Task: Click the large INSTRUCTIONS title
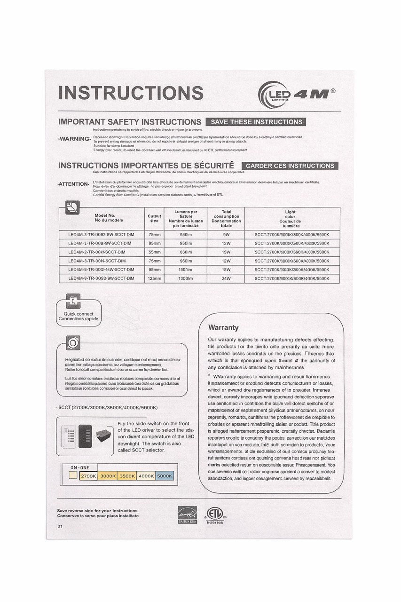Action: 131,93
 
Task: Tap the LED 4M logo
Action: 297,94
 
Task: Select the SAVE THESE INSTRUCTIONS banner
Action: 256,122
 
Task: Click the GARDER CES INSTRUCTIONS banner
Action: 290,166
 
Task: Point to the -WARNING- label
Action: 74,139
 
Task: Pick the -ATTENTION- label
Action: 73,183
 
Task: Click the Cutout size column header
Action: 154,218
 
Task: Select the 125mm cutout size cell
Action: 154,278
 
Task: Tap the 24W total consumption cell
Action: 226,278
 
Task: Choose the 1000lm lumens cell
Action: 186,278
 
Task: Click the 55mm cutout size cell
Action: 154,252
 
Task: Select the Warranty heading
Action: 223,327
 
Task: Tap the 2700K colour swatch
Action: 88,476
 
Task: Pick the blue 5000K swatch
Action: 165,476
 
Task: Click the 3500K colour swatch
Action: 127,476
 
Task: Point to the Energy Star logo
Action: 185,515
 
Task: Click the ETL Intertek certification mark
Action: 215,515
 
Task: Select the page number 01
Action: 60,526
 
